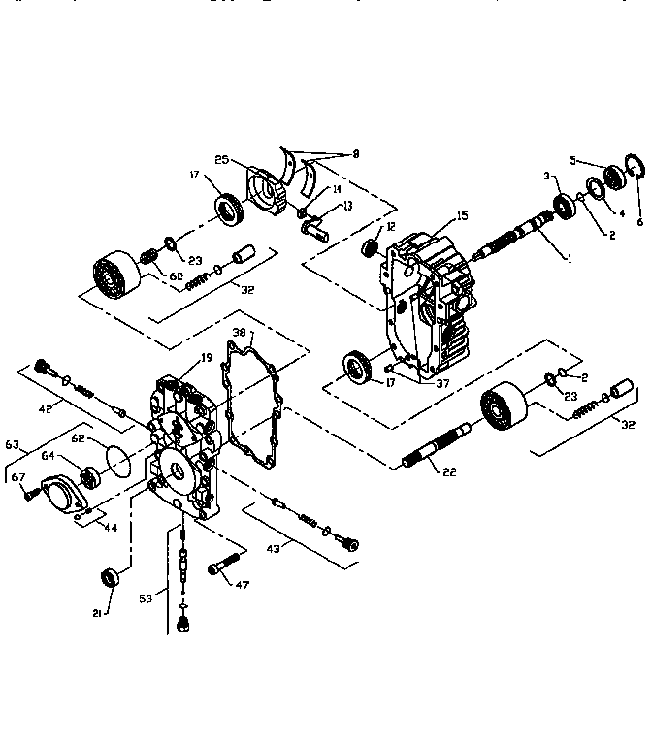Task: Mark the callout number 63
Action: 13,445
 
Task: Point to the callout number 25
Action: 220,158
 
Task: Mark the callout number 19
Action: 206,358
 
